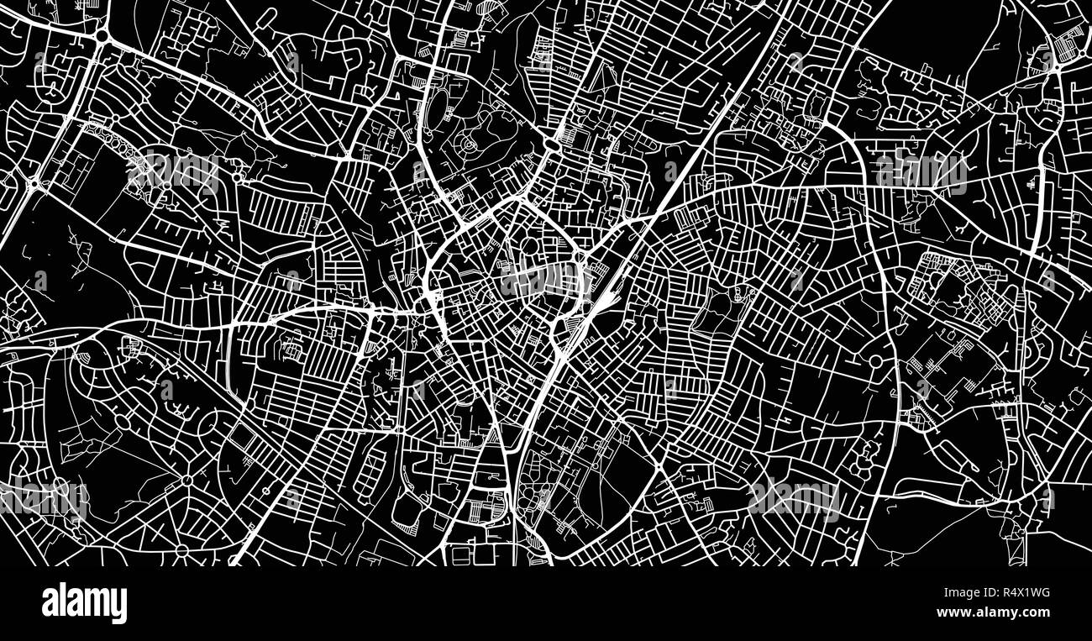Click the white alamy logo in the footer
pyautogui.click(x=84, y=603)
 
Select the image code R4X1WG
pyautogui.click(x=1021, y=593)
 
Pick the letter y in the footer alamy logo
pyautogui.click(x=118, y=607)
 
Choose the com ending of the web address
pyautogui.click(x=1037, y=612)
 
